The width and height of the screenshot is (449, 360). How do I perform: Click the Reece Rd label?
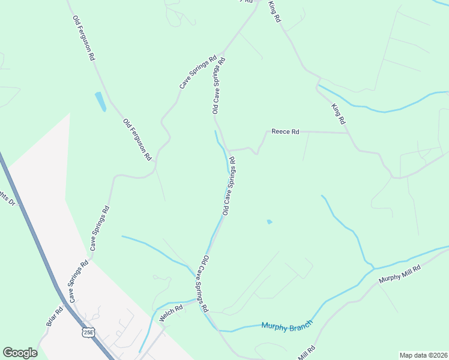(x=285, y=131)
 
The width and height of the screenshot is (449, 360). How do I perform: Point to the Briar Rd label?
(x=55, y=317)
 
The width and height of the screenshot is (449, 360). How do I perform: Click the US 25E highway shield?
(x=89, y=332)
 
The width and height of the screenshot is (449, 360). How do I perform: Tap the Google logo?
(x=20, y=353)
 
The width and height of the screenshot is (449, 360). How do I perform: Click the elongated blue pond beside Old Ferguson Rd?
(x=100, y=101)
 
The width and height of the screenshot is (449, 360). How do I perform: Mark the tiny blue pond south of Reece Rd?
(x=269, y=222)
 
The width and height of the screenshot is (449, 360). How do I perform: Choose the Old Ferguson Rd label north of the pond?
(x=84, y=37)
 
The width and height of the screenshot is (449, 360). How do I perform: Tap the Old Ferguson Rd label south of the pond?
(x=137, y=139)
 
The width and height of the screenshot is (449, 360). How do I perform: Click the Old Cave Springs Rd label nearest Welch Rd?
(x=200, y=283)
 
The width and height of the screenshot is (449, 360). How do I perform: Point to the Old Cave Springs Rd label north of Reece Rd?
(x=218, y=86)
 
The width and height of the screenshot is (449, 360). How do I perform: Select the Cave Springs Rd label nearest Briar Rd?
(x=78, y=281)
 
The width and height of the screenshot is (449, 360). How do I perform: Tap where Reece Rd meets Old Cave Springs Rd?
(x=227, y=150)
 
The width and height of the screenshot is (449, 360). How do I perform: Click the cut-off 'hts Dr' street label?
(x=7, y=199)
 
